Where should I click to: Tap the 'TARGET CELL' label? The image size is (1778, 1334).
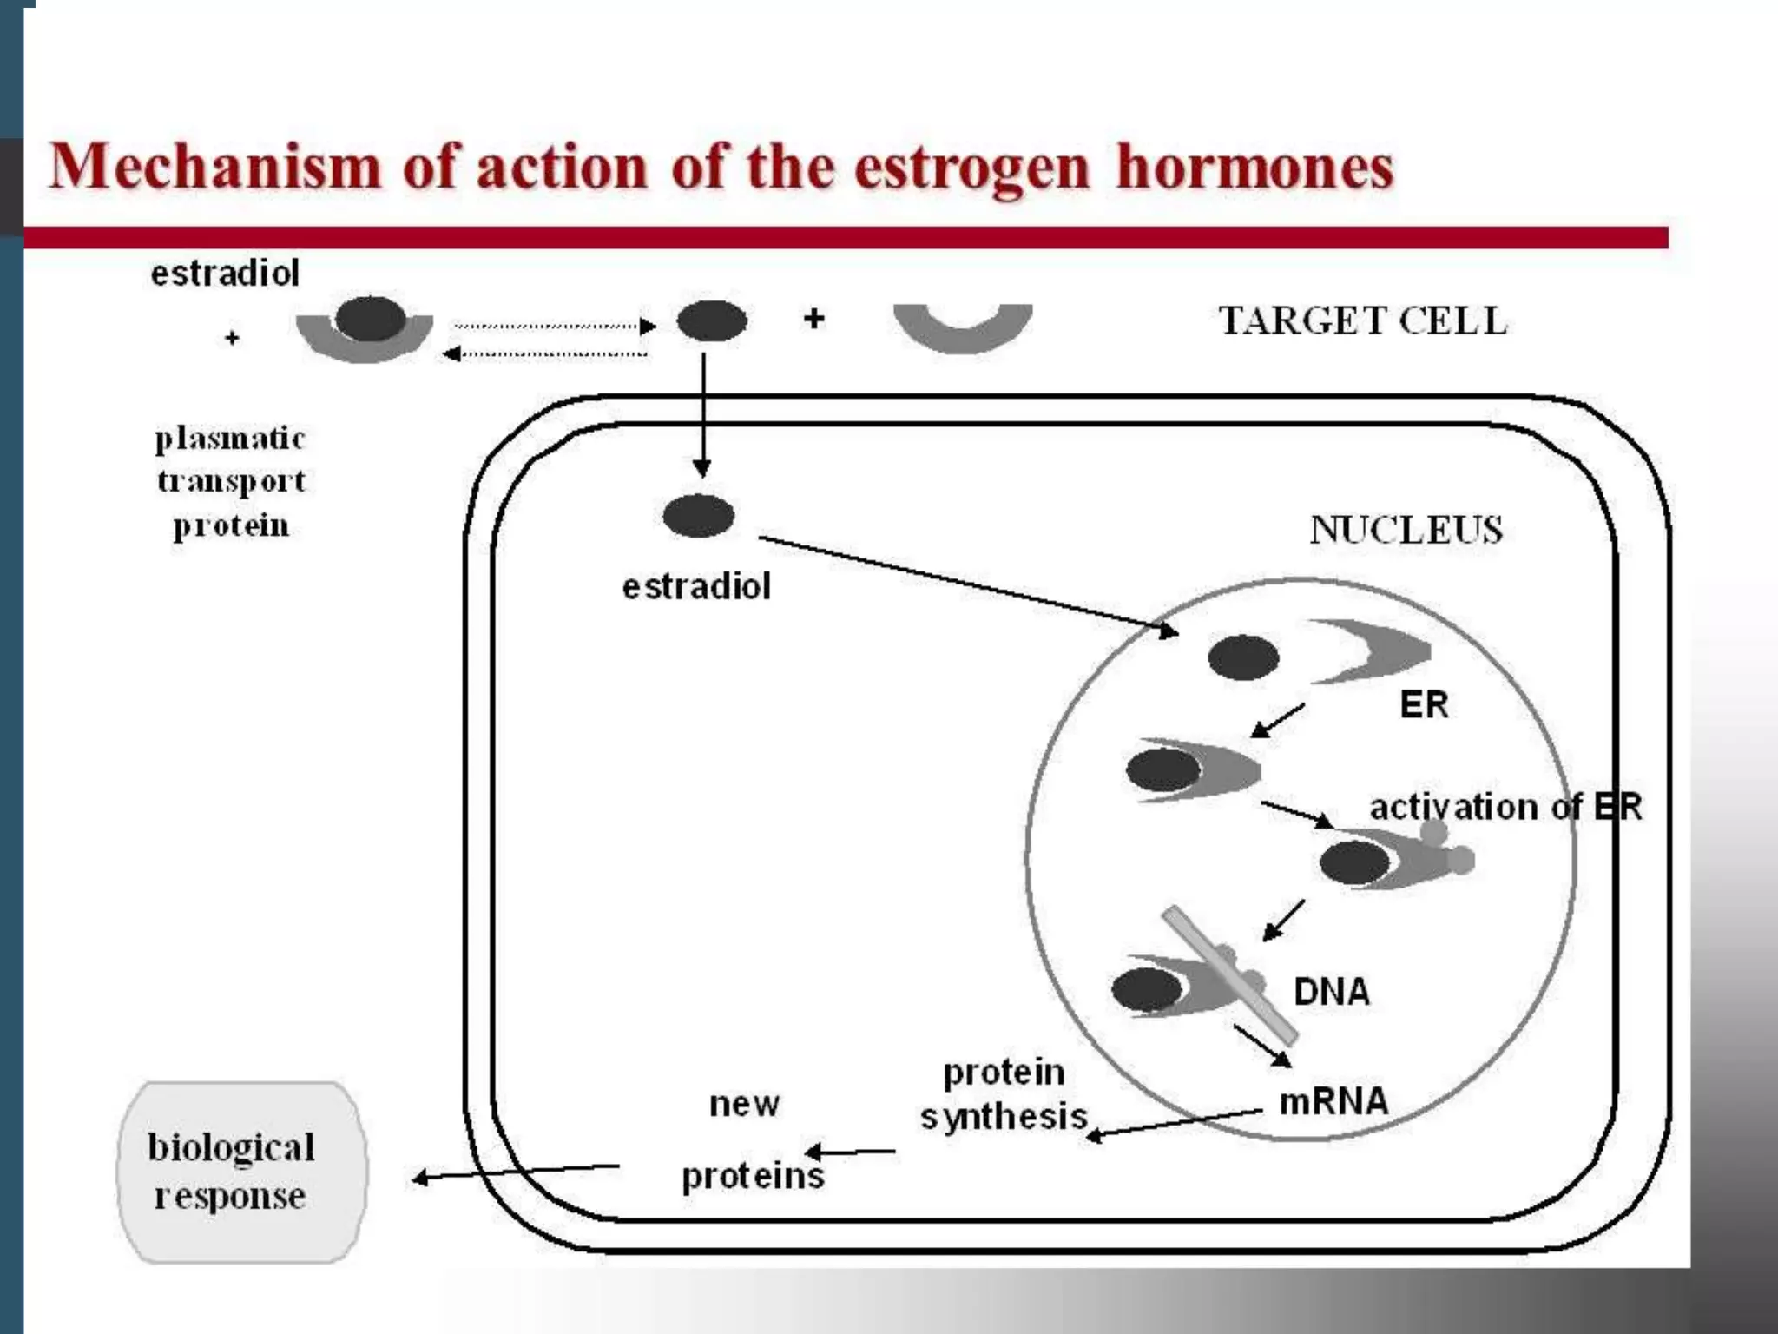(x=1362, y=321)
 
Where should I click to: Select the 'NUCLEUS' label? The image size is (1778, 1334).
(x=1406, y=530)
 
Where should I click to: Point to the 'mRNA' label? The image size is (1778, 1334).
(x=1333, y=1101)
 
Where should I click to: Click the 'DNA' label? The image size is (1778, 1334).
(x=1331, y=992)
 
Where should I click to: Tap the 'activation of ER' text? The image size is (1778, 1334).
(x=1505, y=807)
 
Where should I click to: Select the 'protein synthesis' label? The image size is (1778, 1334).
(x=1004, y=1094)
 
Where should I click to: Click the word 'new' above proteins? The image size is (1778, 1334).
(x=744, y=1105)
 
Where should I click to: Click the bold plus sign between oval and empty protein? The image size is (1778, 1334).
(x=813, y=319)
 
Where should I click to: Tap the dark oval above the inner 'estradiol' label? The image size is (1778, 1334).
(x=698, y=516)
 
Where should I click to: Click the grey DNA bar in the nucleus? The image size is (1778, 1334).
(x=1229, y=975)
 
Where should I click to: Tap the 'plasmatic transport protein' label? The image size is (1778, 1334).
(x=230, y=481)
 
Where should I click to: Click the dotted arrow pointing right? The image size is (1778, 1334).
(x=554, y=327)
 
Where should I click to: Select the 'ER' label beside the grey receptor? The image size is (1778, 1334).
(x=1424, y=704)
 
